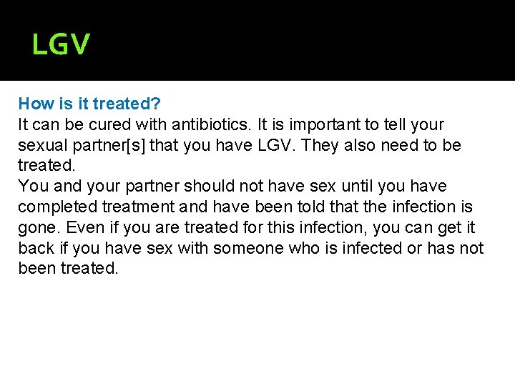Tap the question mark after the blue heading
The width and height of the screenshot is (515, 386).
(x=155, y=104)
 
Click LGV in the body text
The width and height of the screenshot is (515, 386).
(x=275, y=145)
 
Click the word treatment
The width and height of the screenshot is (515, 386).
(x=136, y=207)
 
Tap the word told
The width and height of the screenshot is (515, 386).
(x=296, y=207)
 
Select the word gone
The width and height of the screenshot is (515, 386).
(x=36, y=228)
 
